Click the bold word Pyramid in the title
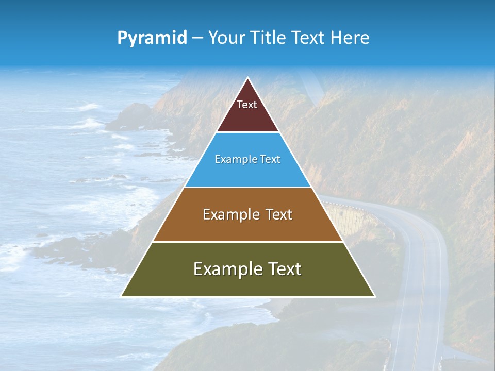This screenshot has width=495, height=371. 152,38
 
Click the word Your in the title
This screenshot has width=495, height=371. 226,38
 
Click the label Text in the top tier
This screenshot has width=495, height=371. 247,105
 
